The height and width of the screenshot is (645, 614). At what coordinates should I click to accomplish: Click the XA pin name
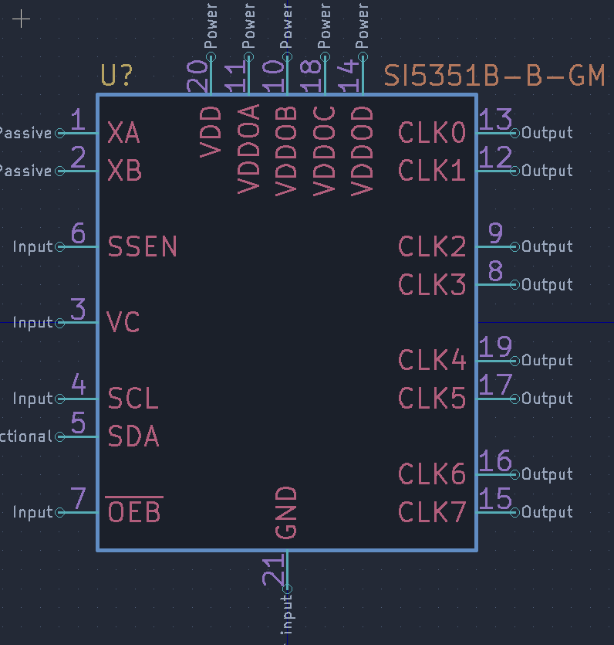tap(123, 133)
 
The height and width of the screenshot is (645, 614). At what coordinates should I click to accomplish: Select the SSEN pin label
tap(143, 247)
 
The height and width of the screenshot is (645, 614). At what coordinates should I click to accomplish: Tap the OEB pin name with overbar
tap(134, 511)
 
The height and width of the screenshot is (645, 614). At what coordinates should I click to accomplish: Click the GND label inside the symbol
tap(286, 512)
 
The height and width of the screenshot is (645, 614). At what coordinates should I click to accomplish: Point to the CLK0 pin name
tap(432, 133)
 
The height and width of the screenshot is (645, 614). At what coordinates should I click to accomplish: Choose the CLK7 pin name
tap(432, 511)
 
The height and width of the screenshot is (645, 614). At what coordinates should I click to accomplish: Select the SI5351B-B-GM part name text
tap(494, 76)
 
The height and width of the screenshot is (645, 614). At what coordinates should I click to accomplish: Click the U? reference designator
tap(116, 76)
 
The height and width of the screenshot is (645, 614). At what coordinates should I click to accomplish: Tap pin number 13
tap(495, 119)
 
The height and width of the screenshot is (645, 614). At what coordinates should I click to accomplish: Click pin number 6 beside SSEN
tap(78, 233)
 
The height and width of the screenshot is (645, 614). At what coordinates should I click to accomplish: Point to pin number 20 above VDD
tap(197, 76)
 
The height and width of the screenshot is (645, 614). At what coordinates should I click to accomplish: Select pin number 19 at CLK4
tap(495, 347)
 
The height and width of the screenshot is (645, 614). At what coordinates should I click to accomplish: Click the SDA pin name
tap(133, 436)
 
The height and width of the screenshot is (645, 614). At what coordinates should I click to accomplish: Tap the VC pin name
tap(123, 322)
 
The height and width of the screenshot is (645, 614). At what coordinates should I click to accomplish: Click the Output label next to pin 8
tap(547, 285)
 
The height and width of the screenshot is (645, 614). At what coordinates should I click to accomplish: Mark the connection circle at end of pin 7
tap(60, 512)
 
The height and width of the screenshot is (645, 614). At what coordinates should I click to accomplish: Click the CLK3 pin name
tap(432, 285)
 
